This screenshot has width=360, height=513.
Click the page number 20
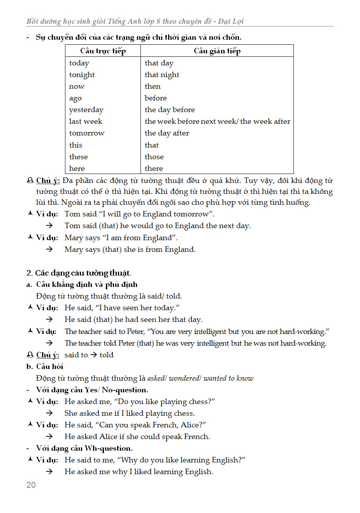(x=31, y=485)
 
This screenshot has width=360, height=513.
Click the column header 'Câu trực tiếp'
(x=103, y=51)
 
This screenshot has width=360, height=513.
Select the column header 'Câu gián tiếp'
(x=217, y=51)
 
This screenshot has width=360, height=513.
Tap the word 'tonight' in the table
(x=82, y=75)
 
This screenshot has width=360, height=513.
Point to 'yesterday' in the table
(x=86, y=110)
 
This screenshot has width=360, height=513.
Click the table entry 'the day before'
(x=169, y=110)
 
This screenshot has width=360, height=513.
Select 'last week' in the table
(x=86, y=121)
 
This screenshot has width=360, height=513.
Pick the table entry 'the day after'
(x=167, y=133)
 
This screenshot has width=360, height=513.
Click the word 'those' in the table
(x=154, y=157)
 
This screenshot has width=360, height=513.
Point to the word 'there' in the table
(x=154, y=169)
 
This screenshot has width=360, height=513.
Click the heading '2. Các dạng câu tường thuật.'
(x=79, y=273)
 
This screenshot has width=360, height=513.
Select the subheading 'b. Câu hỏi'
(x=45, y=366)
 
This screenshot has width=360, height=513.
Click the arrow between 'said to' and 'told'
(x=94, y=355)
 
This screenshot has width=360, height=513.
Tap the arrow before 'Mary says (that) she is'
(x=49, y=249)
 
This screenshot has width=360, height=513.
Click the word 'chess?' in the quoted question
(x=202, y=401)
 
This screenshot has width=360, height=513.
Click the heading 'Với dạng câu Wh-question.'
(x=84, y=448)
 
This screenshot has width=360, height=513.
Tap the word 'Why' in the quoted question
(x=129, y=460)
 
